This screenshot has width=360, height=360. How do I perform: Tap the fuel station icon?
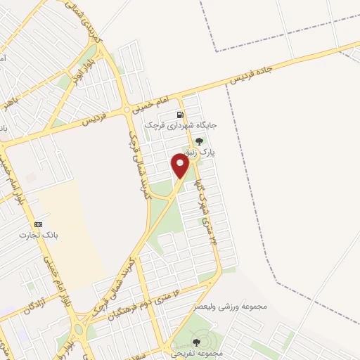click(x=181, y=115)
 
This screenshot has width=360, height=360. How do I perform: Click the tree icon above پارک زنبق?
click(x=200, y=141)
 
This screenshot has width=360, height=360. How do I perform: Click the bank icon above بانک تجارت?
click(x=38, y=224)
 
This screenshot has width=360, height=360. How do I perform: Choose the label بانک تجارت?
click(x=37, y=235)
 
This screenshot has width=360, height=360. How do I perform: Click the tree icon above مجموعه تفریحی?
click(x=195, y=342)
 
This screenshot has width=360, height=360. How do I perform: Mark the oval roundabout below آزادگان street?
click(x=78, y=329)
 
